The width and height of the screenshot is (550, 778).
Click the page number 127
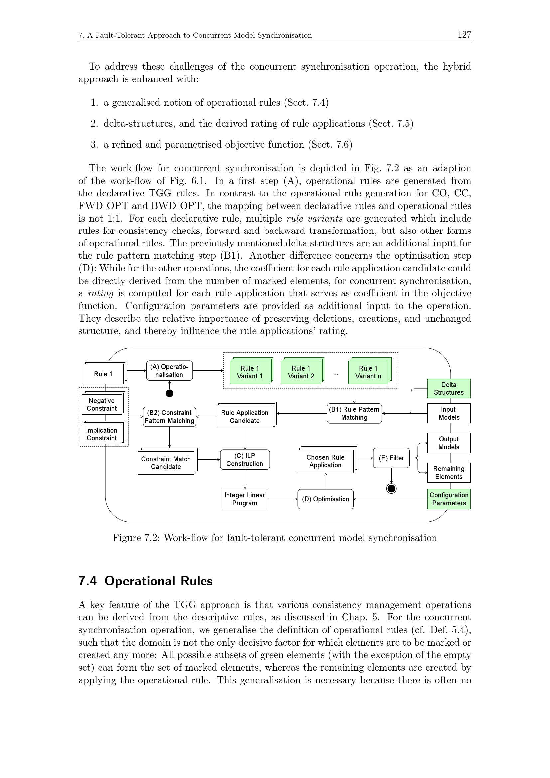pos(464,35)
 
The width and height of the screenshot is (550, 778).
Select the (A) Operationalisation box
pos(169,370)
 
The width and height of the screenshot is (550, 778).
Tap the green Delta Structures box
pos(448,388)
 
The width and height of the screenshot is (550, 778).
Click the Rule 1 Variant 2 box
pos(301,372)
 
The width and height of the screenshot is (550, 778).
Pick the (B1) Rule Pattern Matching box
pos(354,413)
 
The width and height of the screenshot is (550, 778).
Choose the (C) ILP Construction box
pos(245,459)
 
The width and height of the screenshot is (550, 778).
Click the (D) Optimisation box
pos(325,499)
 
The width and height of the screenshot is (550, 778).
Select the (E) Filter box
pos(391,458)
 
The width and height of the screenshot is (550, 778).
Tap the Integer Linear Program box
pos(245,499)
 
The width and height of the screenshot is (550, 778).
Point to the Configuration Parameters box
pos(448,499)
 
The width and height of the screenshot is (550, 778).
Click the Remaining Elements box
pos(448,473)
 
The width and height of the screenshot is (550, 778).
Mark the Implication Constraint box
pos(102,434)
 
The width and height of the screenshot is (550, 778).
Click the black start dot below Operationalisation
pos(169,393)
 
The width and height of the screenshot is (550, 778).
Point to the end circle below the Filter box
pos(391,488)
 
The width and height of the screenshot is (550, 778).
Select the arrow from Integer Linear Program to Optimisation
pos(282,499)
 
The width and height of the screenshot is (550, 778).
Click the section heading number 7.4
pos(87,581)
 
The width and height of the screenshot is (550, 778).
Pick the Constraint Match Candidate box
pos(166,463)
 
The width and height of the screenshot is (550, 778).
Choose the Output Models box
pos(448,443)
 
